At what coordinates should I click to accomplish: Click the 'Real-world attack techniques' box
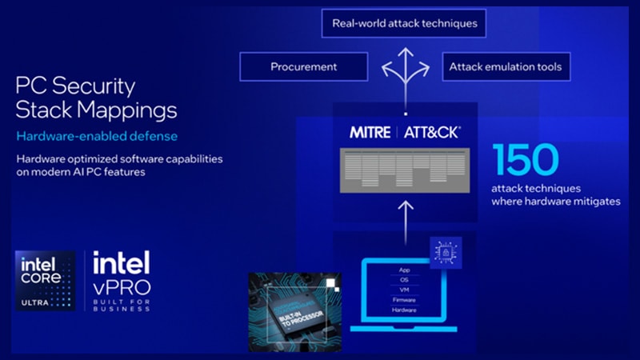tap(404, 23)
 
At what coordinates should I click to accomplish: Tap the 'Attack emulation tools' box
tap(506, 66)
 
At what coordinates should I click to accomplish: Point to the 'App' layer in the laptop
tap(404, 270)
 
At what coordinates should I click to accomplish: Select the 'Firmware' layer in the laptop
tap(404, 300)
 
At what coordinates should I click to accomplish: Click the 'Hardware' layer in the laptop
tap(404, 310)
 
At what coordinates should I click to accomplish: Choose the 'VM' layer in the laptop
tap(404, 290)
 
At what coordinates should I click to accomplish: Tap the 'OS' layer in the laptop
tap(404, 280)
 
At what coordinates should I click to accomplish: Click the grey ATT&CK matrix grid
tap(405, 170)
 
